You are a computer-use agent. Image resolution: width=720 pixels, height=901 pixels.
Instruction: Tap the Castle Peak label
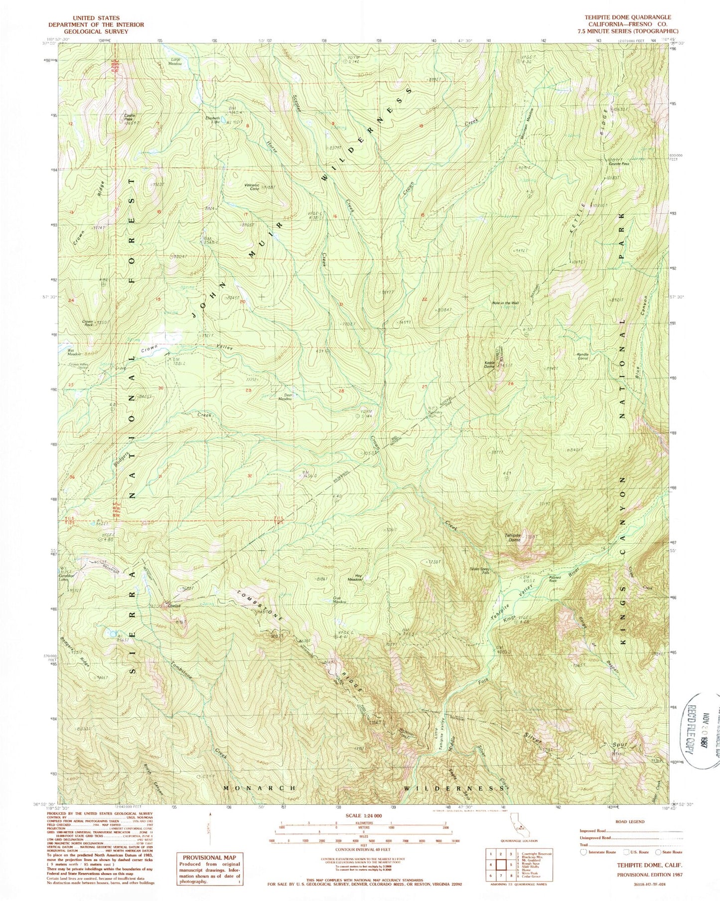(129, 118)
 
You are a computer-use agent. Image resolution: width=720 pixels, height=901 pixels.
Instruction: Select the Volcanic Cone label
(252, 187)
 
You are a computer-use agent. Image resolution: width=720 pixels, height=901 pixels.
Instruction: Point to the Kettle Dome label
(489, 364)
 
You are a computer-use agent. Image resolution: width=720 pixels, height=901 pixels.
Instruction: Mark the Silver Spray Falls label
(480, 571)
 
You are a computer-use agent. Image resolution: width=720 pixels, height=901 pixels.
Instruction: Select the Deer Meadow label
(285, 397)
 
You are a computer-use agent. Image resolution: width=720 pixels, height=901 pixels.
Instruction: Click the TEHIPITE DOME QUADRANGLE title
(627, 17)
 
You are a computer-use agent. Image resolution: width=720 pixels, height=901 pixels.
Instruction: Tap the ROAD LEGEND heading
(630, 822)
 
